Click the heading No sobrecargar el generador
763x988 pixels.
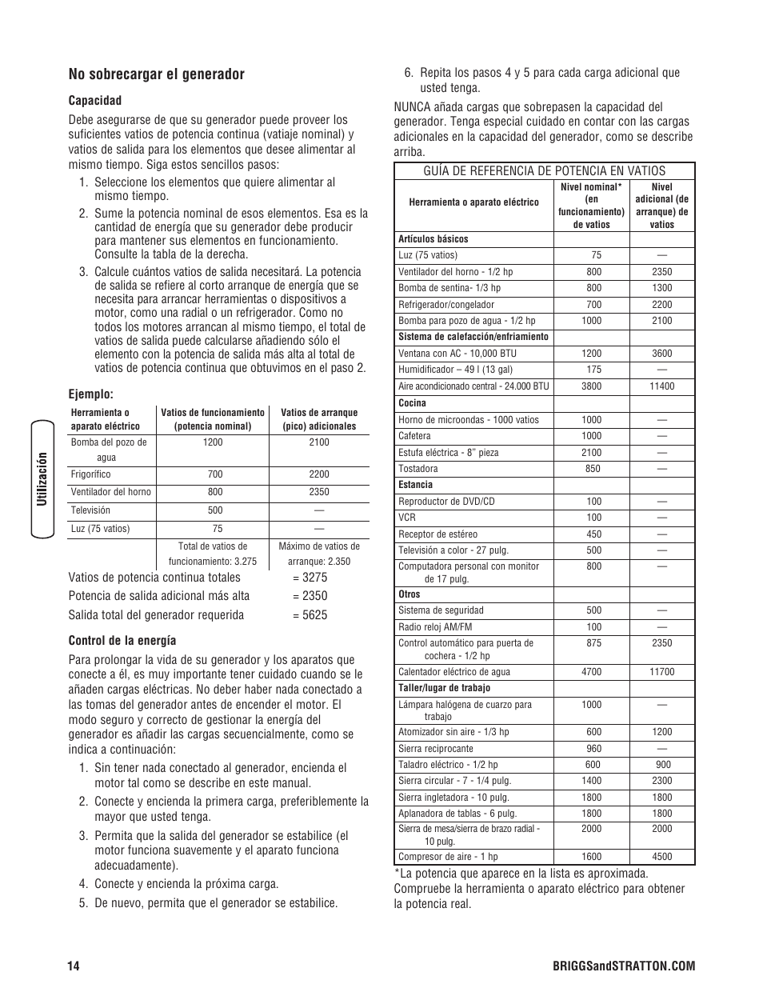point(156,74)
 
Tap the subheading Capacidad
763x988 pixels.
point(94,101)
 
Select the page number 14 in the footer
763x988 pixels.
point(74,966)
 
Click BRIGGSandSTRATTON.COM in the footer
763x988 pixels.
point(635,966)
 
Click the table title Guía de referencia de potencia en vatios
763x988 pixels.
point(544,170)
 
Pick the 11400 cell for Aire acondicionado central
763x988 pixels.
point(661,386)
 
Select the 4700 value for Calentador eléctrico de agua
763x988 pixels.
point(592,672)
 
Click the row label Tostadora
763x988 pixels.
point(417,469)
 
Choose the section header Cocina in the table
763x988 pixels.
point(412,403)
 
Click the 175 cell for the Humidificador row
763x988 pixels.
point(593,370)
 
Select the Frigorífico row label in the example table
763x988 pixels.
point(91,474)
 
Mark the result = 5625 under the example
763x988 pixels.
point(310,615)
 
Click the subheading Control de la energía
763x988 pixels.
point(122,641)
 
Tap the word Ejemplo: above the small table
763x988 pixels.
point(90,394)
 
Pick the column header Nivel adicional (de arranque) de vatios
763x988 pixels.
point(661,206)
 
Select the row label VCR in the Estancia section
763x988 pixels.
point(407,518)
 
